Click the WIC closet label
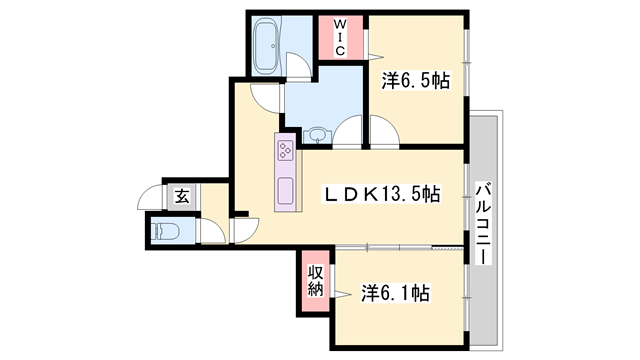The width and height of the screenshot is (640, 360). coord(340,38)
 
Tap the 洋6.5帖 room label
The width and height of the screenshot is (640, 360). coord(416,80)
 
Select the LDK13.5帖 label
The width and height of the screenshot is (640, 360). coord(382,194)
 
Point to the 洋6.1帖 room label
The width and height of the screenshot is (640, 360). coord(395,293)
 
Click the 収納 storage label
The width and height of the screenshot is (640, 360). coord(316,280)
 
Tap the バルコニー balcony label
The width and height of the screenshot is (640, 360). coord(484,223)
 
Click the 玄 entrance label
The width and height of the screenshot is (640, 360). coord(182,197)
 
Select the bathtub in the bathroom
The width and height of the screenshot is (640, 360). coord(267,47)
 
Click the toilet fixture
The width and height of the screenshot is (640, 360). coord(165,231)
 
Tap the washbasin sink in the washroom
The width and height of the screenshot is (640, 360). coord(317,135)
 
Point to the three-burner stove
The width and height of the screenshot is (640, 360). coord(285,150)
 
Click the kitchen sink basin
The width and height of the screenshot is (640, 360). coord(285,191)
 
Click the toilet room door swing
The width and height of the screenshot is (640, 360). coord(213,231)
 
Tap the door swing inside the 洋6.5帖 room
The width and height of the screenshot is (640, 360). coord(384,130)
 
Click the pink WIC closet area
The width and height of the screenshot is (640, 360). coord(340,38)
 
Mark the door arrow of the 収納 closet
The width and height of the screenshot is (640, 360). coord(342,294)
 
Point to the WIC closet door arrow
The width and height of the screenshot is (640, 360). coord(376,56)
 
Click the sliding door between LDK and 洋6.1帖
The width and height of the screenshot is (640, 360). coord(399,247)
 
